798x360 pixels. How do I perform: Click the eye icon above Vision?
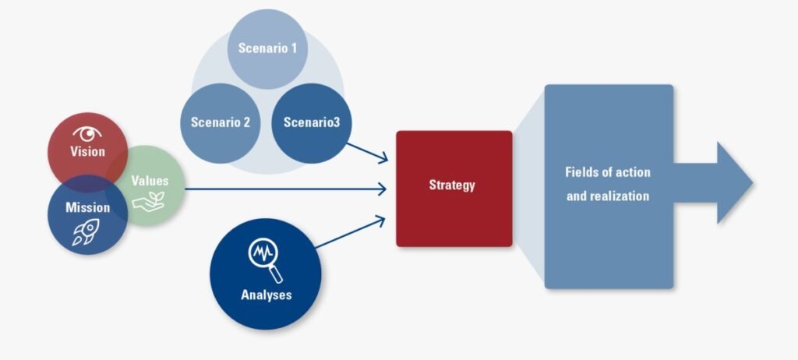87,132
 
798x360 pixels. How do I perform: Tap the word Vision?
87,151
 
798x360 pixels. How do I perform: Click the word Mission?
87,208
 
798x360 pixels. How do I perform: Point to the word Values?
150,181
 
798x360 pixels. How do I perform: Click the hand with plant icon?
148,201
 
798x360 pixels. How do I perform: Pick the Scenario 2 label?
220,122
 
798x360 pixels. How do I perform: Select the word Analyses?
267,295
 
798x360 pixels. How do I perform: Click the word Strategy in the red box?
452,185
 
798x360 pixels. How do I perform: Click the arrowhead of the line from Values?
383,188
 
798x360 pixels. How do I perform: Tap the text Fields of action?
608,171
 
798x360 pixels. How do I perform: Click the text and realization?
608,196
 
